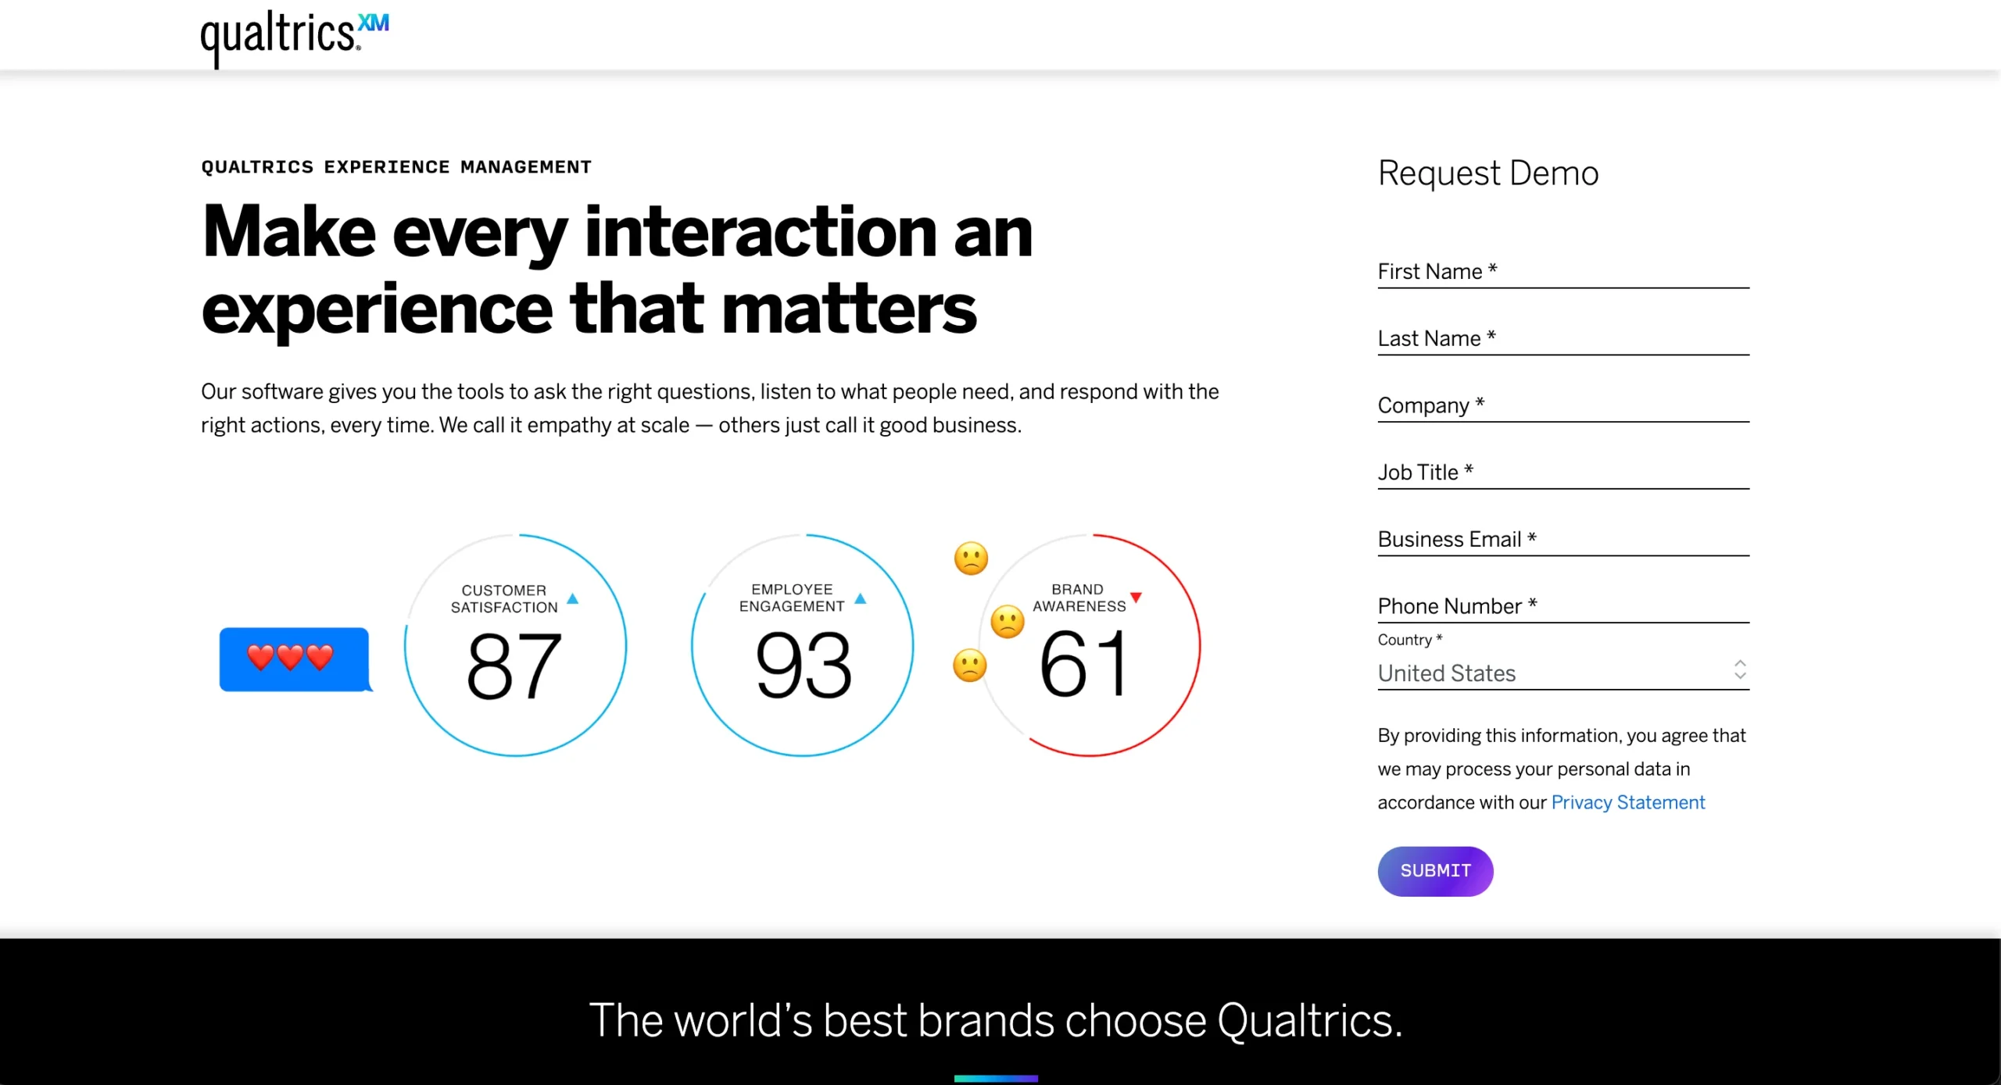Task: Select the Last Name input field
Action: point(1563,339)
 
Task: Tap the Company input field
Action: point(1563,406)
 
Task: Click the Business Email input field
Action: point(1563,540)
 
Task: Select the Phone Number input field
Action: point(1563,607)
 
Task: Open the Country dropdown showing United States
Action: point(1563,673)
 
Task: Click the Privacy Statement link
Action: point(1627,802)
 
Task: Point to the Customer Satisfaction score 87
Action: point(514,666)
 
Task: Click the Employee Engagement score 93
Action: point(803,666)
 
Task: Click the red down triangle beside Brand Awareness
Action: point(1136,598)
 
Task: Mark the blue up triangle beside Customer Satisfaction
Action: point(573,599)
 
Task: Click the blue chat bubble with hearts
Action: point(294,658)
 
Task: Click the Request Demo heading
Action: point(1487,173)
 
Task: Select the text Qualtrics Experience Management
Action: point(396,167)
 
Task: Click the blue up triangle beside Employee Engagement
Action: point(861,599)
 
